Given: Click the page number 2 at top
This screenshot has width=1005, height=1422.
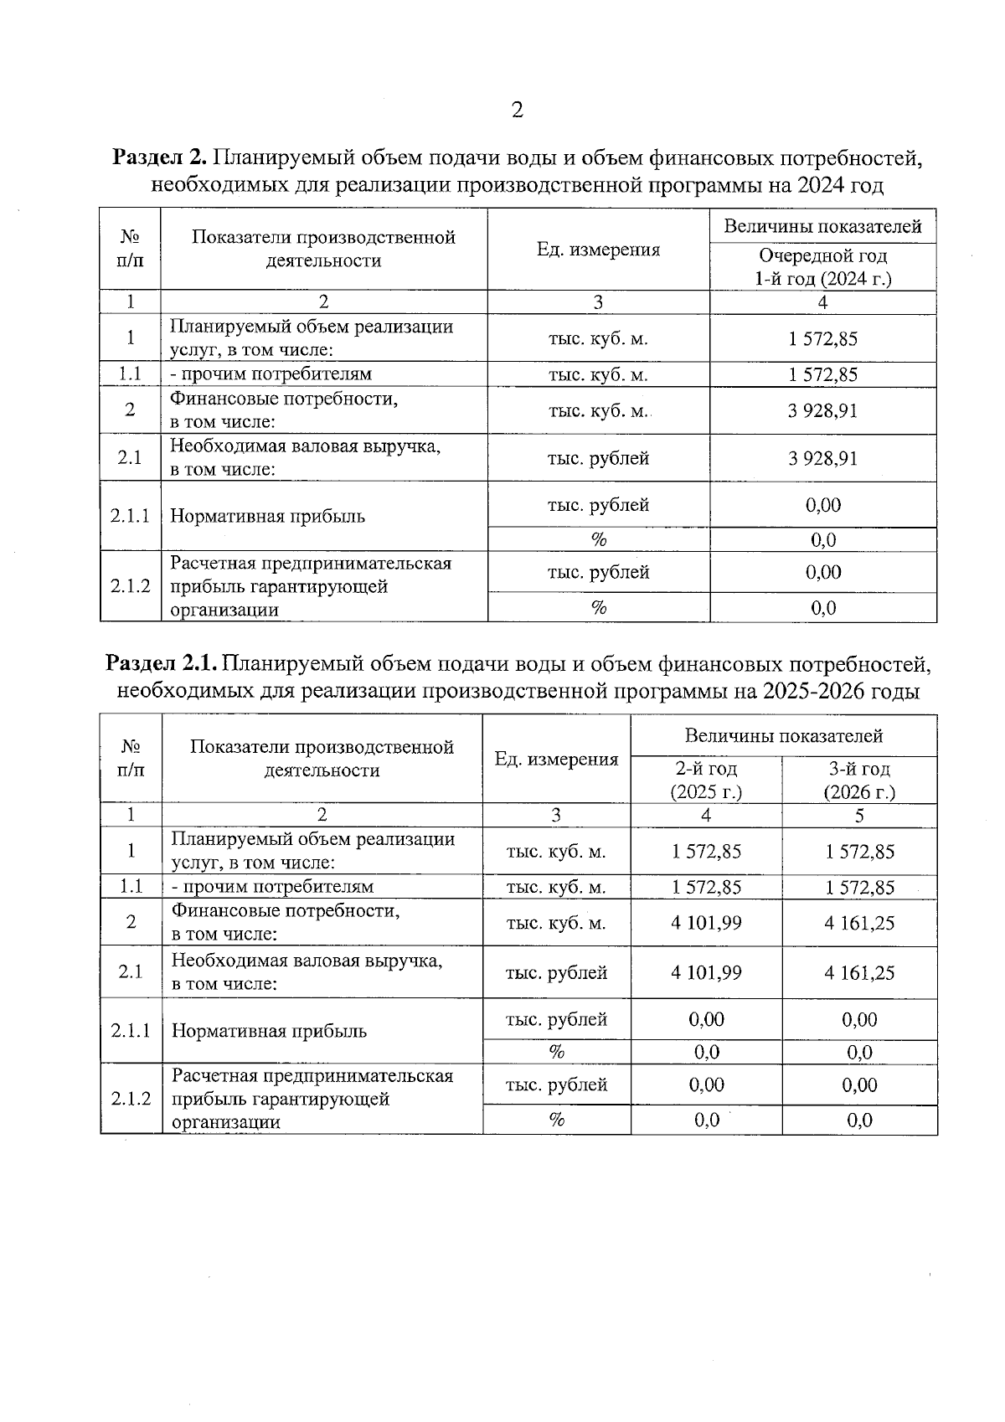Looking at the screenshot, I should click(517, 110).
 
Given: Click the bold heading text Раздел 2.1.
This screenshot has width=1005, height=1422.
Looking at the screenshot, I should click(162, 664).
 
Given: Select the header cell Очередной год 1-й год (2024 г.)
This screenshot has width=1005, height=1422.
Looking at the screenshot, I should click(822, 267).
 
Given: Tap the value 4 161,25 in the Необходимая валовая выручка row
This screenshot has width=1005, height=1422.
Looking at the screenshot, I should click(859, 972).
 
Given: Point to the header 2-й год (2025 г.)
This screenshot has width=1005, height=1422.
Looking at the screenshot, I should click(706, 780).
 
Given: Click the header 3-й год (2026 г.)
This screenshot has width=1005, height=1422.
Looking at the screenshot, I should click(859, 780).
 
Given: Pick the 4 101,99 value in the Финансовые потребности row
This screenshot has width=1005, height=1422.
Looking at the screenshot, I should click(706, 923).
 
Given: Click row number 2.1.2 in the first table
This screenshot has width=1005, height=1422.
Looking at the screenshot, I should click(130, 585).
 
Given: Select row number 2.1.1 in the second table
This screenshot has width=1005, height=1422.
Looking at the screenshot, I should click(131, 1030).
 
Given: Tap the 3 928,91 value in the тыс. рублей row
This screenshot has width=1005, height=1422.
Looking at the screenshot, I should click(822, 458).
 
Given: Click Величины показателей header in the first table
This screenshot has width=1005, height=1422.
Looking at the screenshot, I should click(822, 226).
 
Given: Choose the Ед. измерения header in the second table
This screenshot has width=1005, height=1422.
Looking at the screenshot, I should click(556, 759).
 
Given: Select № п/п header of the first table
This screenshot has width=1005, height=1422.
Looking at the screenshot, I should click(130, 249).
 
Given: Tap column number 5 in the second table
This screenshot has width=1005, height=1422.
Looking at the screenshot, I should click(859, 816).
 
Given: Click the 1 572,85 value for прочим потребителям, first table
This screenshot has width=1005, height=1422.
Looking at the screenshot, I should click(822, 374).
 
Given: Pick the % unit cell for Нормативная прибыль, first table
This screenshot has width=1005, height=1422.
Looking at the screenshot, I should click(598, 540).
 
